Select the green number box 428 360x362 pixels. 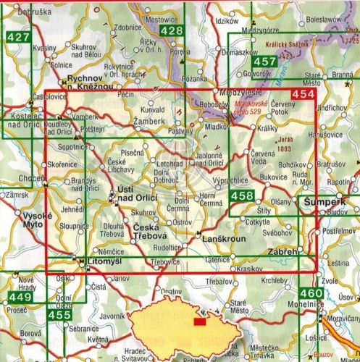pos(171,30)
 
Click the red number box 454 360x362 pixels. pos(302,95)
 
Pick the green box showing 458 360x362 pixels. pos(242,195)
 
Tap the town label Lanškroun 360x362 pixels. pos(221,237)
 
